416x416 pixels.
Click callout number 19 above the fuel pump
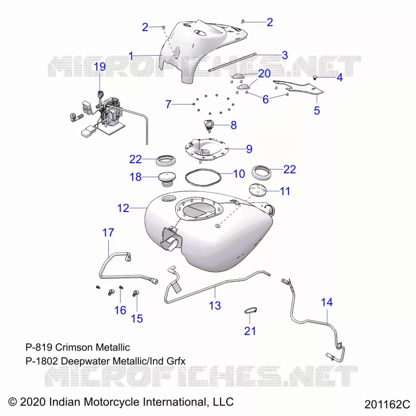[100, 67]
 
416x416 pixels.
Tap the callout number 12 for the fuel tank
[123, 209]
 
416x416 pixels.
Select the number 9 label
[249, 149]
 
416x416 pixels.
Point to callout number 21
[250, 331]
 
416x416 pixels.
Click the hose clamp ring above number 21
[250, 310]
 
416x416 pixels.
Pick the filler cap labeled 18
[166, 179]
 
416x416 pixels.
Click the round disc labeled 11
[257, 190]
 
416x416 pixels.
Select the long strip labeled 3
[232, 62]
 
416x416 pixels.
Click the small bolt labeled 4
[315, 77]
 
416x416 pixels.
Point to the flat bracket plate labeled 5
[298, 87]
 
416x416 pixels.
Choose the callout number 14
[327, 302]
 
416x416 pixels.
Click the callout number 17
[108, 232]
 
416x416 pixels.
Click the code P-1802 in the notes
[42, 361]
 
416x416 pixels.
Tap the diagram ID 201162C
[387, 405]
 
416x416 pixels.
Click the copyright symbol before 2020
[12, 401]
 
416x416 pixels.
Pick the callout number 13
[215, 306]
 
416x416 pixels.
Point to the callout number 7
[168, 105]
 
